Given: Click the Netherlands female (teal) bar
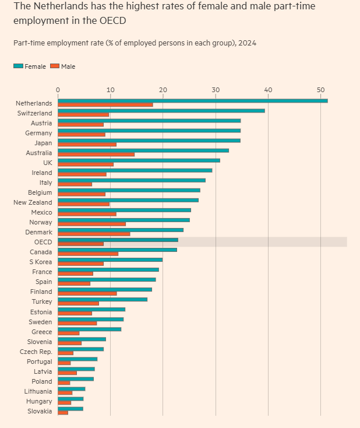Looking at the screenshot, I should [x=192, y=101].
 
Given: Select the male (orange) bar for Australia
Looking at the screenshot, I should [x=96, y=155].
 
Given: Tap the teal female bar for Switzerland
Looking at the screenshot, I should [x=161, y=111].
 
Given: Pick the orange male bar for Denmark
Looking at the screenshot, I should [x=94, y=234].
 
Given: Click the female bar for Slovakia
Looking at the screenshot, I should [x=70, y=409].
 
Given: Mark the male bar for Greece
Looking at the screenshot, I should [x=69, y=334].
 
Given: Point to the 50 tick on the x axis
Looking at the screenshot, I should [x=320, y=89].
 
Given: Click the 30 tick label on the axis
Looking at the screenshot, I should [x=216, y=89].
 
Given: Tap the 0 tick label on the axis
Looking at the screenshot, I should [x=58, y=89].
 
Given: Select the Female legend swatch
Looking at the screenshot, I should [x=19, y=66].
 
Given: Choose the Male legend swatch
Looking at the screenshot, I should [x=55, y=66].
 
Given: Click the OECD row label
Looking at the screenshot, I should [x=43, y=242].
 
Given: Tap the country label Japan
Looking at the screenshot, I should [x=43, y=143].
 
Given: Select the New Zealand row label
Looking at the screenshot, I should [x=33, y=202].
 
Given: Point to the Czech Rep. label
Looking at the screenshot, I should [x=36, y=352].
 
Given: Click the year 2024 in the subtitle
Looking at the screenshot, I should [x=248, y=43].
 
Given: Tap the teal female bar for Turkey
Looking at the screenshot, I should [x=103, y=299].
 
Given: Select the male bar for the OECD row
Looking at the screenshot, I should [x=81, y=244].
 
